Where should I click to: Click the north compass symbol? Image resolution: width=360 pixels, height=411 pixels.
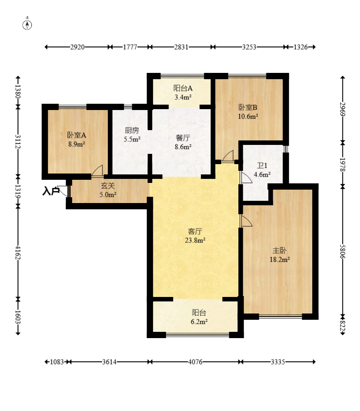click(27, 25)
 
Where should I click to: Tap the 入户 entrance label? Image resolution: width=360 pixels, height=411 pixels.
click(51, 191)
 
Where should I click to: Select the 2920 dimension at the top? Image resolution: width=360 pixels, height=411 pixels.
click(77, 47)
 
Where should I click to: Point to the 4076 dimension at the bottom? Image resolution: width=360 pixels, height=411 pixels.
click(195, 362)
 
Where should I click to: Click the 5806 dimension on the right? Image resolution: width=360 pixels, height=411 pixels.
click(343, 251)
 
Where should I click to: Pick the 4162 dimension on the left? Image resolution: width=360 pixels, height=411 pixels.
click(18, 252)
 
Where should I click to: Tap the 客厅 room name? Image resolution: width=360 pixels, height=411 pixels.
click(195, 232)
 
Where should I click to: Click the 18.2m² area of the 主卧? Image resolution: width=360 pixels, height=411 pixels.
click(280, 259)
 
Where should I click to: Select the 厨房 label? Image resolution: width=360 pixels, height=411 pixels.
click(132, 130)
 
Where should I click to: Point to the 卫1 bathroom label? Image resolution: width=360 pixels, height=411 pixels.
click(262, 165)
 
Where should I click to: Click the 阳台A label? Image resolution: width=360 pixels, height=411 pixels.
click(183, 88)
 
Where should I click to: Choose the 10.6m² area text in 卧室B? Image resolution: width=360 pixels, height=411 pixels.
click(248, 116)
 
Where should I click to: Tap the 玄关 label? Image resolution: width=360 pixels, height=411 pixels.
click(108, 186)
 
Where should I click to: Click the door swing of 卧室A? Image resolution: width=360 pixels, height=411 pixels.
click(97, 170)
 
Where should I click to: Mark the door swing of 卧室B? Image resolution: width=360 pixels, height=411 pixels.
click(228, 156)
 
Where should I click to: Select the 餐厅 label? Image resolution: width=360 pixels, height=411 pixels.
click(183, 138)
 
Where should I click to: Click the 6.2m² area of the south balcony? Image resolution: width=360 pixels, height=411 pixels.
click(199, 322)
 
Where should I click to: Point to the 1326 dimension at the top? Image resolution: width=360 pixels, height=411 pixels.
click(301, 47)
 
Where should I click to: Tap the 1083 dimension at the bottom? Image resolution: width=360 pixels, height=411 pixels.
click(57, 362)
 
